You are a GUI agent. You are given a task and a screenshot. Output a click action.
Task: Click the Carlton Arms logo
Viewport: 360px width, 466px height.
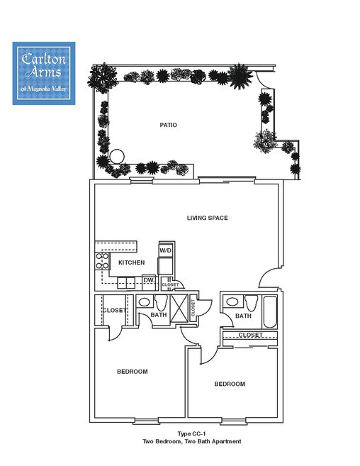(44, 73)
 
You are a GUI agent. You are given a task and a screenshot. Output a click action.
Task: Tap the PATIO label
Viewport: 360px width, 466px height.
(168, 125)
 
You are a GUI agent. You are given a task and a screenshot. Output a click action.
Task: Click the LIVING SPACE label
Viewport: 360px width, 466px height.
(207, 218)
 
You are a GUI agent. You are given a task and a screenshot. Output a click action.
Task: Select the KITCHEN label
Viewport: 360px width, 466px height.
(131, 262)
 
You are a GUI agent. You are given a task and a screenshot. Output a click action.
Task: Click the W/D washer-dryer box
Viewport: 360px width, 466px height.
(166, 250)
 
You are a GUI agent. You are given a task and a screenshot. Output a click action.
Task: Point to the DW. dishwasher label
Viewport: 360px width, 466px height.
(149, 280)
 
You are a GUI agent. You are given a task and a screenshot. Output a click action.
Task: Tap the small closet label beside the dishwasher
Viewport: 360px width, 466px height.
(170, 285)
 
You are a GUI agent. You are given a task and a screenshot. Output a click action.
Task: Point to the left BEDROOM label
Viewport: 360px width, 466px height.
(133, 372)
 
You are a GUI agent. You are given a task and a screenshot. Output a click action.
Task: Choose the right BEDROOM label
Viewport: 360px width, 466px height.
(230, 384)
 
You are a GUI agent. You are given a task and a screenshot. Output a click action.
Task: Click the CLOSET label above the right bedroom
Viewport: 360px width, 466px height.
(250, 335)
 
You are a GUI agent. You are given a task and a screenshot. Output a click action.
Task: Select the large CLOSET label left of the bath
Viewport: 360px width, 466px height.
(113, 311)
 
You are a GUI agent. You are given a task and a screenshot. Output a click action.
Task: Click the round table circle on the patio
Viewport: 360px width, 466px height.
(117, 155)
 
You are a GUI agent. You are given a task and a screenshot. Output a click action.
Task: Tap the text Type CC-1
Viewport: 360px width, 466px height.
(191, 433)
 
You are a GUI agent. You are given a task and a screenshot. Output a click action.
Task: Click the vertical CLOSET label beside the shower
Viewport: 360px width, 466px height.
(193, 306)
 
